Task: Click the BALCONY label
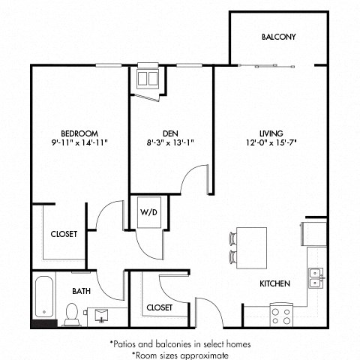pyautogui.click(x=278, y=37)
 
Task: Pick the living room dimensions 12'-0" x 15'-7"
pyautogui.click(x=271, y=142)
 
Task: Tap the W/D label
pyautogui.click(x=148, y=211)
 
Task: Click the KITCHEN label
pyautogui.click(x=275, y=283)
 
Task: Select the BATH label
pyautogui.click(x=81, y=291)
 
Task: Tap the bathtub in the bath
pyautogui.click(x=44, y=300)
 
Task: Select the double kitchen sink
pyautogui.click(x=316, y=278)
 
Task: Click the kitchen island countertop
pyautogui.click(x=250, y=248)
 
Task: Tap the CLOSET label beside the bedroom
pyautogui.click(x=64, y=234)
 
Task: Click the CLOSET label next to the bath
pyautogui.click(x=159, y=307)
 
